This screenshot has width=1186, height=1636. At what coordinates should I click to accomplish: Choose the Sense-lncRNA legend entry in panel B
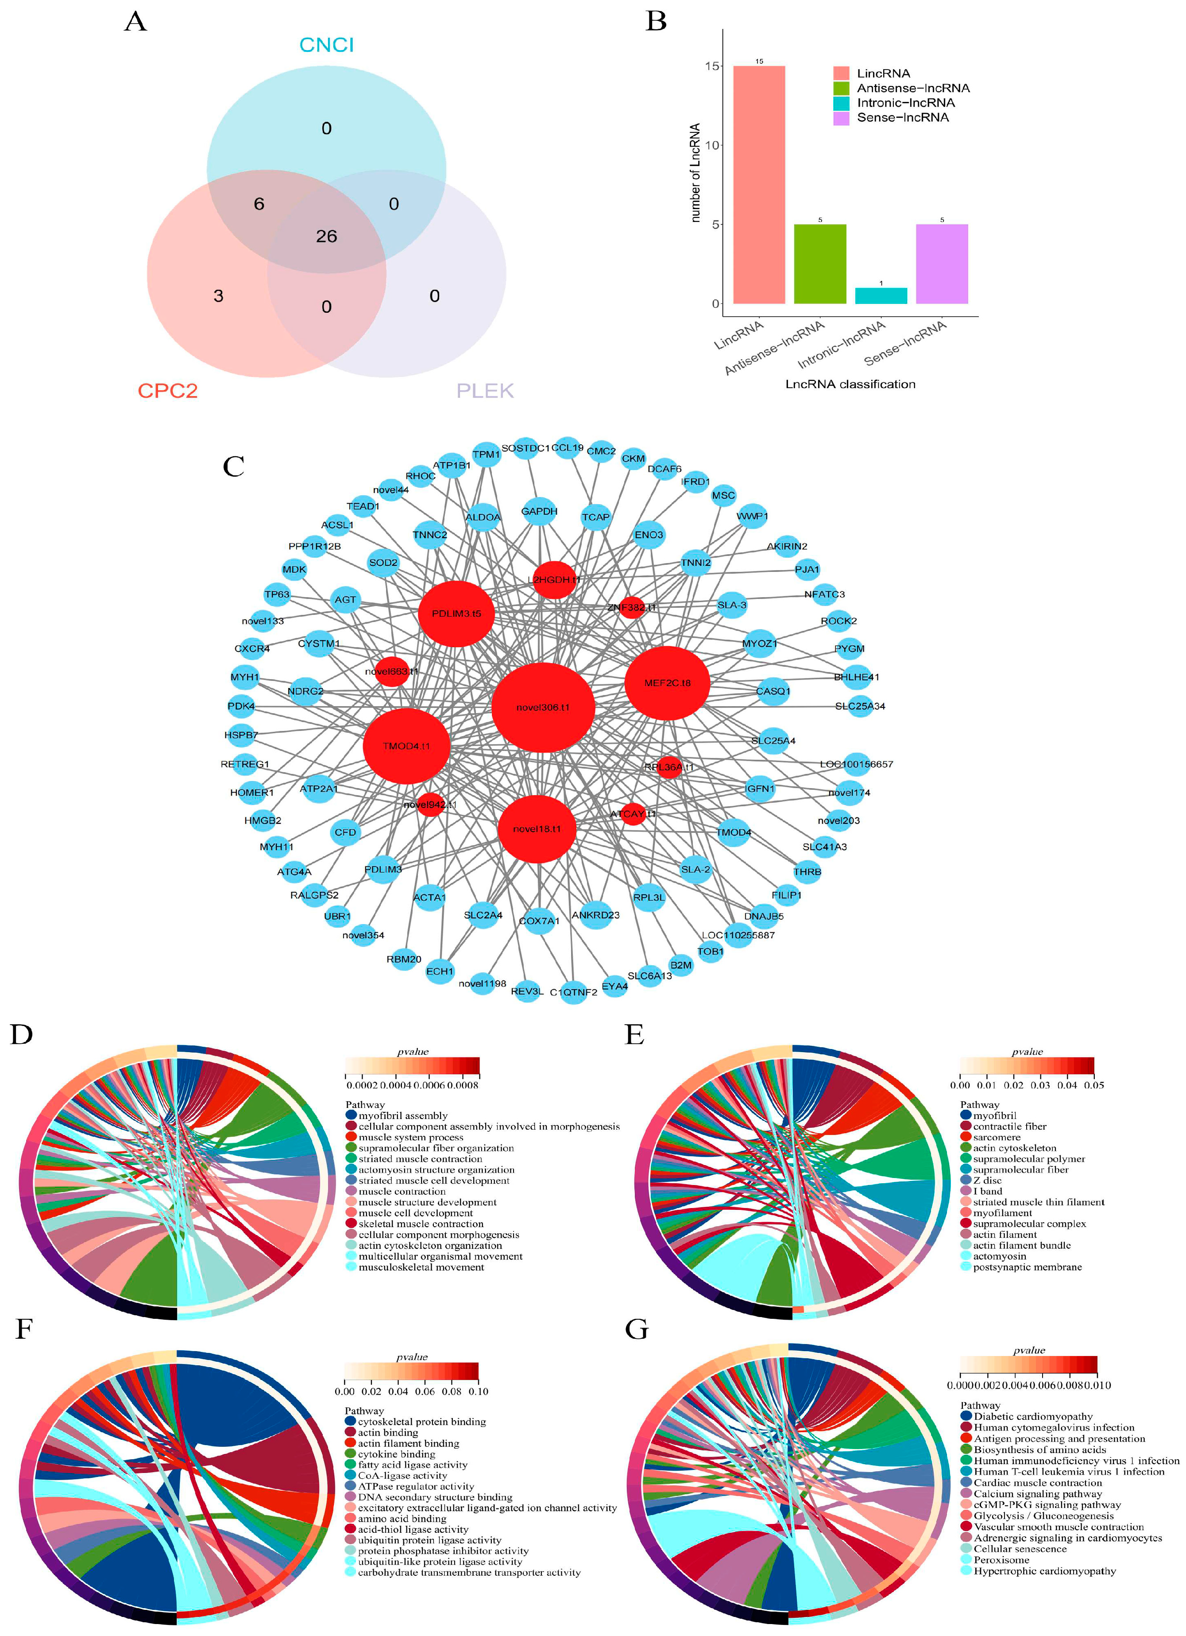(x=902, y=117)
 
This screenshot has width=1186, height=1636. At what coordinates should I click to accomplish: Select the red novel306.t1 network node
(x=543, y=707)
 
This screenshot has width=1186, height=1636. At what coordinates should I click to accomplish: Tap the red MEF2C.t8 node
(x=667, y=682)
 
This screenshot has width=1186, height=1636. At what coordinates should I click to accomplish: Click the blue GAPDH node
(x=539, y=511)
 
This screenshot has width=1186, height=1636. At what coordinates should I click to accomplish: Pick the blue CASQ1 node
(x=773, y=691)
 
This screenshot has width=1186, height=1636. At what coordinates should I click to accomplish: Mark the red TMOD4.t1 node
(x=407, y=746)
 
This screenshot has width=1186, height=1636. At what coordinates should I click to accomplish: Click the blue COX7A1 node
(x=539, y=921)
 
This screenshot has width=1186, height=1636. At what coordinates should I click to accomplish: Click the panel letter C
(x=234, y=467)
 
